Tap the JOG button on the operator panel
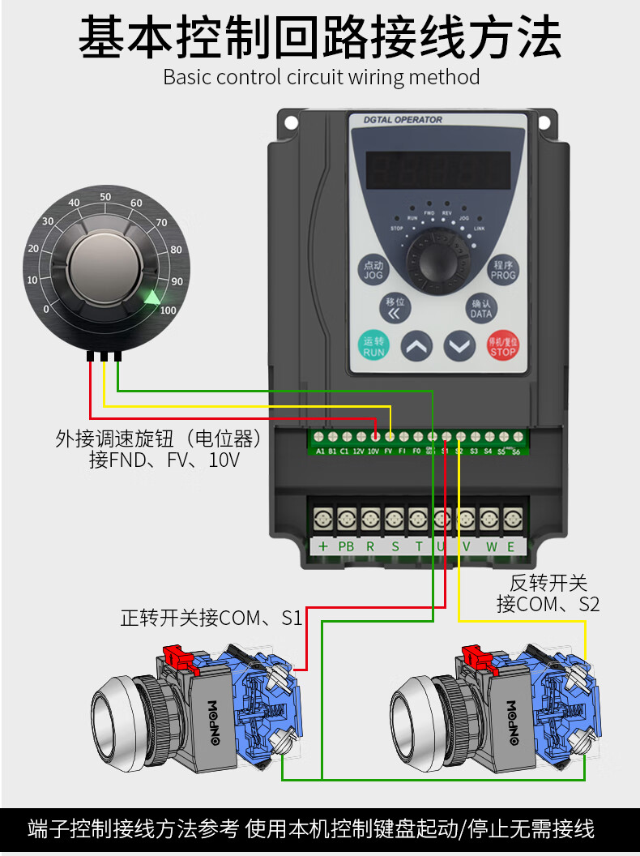coord(373,270)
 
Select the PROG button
coord(502,270)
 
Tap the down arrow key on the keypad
coord(459,347)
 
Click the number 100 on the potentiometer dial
coord(168,310)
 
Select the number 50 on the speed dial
coord(105,197)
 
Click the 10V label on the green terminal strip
coord(373,451)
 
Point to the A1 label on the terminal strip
coord(320,451)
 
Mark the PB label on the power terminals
coord(346,546)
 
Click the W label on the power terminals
coord(491,546)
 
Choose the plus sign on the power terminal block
coord(322,546)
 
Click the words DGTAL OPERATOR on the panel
coord(403,120)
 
